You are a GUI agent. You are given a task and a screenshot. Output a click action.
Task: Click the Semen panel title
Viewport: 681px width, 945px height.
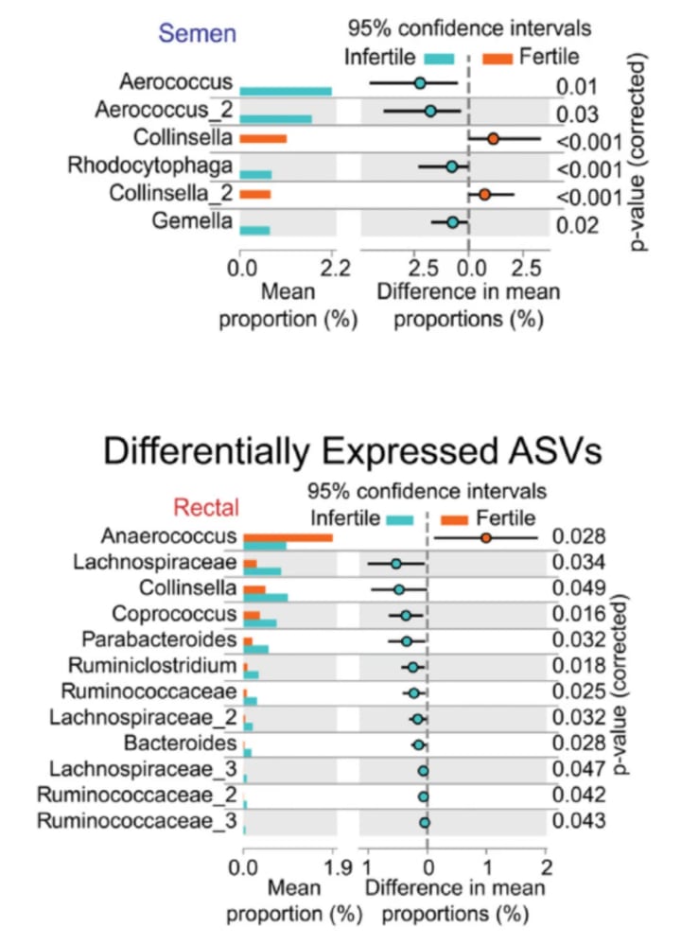pyautogui.click(x=199, y=34)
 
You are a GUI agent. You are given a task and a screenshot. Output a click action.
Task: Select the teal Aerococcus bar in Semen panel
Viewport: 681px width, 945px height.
pyautogui.click(x=286, y=91)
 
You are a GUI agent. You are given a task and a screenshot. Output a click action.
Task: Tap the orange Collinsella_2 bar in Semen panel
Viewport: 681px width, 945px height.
pyautogui.click(x=255, y=195)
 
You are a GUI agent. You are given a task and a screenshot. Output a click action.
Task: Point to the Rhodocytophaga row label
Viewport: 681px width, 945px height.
pyautogui.click(x=150, y=166)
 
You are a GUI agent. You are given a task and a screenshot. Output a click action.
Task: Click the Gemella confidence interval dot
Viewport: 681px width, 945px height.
pyautogui.click(x=453, y=222)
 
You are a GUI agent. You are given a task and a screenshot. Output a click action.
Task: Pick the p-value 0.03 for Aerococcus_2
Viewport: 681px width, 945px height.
pyautogui.click(x=575, y=114)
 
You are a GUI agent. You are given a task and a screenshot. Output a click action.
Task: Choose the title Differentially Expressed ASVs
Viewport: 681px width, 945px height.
pyautogui.click(x=351, y=451)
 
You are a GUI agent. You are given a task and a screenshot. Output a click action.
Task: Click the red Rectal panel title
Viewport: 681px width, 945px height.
pyautogui.click(x=212, y=505)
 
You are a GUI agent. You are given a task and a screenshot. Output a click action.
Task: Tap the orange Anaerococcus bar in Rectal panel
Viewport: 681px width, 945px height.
pyautogui.click(x=288, y=537)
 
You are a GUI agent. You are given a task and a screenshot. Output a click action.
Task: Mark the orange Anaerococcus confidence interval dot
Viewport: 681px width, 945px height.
pyautogui.click(x=486, y=537)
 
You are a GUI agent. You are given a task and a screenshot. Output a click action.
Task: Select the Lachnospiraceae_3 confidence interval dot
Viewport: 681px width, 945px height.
pyautogui.click(x=424, y=771)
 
